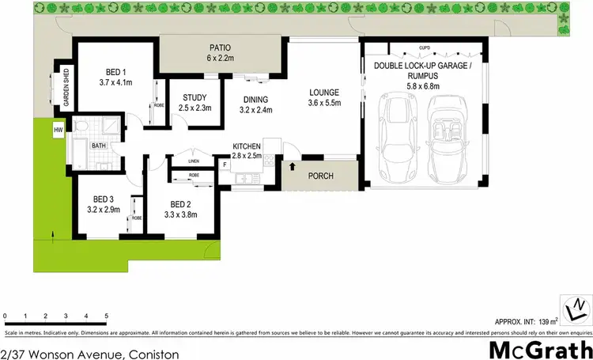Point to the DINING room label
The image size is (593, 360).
(x=255, y=100)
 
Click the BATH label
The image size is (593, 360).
(x=99, y=146)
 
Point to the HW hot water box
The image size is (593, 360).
(x=59, y=130)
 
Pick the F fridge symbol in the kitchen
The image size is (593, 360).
(x=225, y=165)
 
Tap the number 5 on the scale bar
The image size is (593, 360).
(x=107, y=316)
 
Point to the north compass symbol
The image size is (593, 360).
(x=576, y=305)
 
